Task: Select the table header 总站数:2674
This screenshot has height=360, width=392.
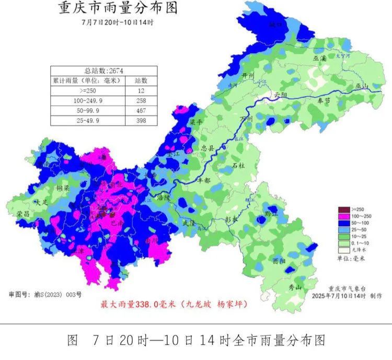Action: point(103,71)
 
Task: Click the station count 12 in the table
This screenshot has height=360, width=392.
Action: point(141,90)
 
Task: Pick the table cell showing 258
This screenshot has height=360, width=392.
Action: point(141,100)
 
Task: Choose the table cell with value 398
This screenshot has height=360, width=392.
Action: point(141,121)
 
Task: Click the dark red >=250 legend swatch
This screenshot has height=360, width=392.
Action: point(342,209)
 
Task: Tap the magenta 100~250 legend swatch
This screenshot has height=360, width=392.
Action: point(342,216)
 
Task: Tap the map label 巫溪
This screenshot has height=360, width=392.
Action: point(319,59)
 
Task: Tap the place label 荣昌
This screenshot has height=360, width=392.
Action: point(22,213)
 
